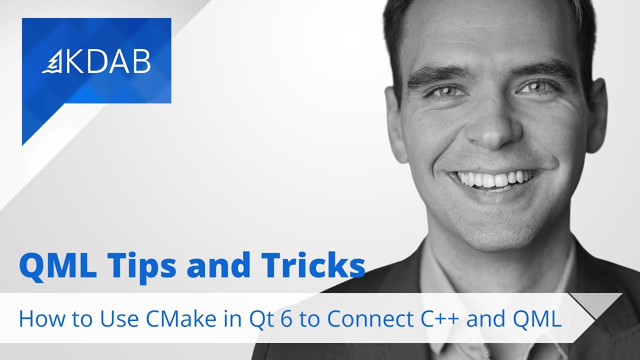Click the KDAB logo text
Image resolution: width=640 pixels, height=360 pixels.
(x=108, y=62)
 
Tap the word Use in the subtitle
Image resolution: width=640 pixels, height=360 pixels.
(x=111, y=319)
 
